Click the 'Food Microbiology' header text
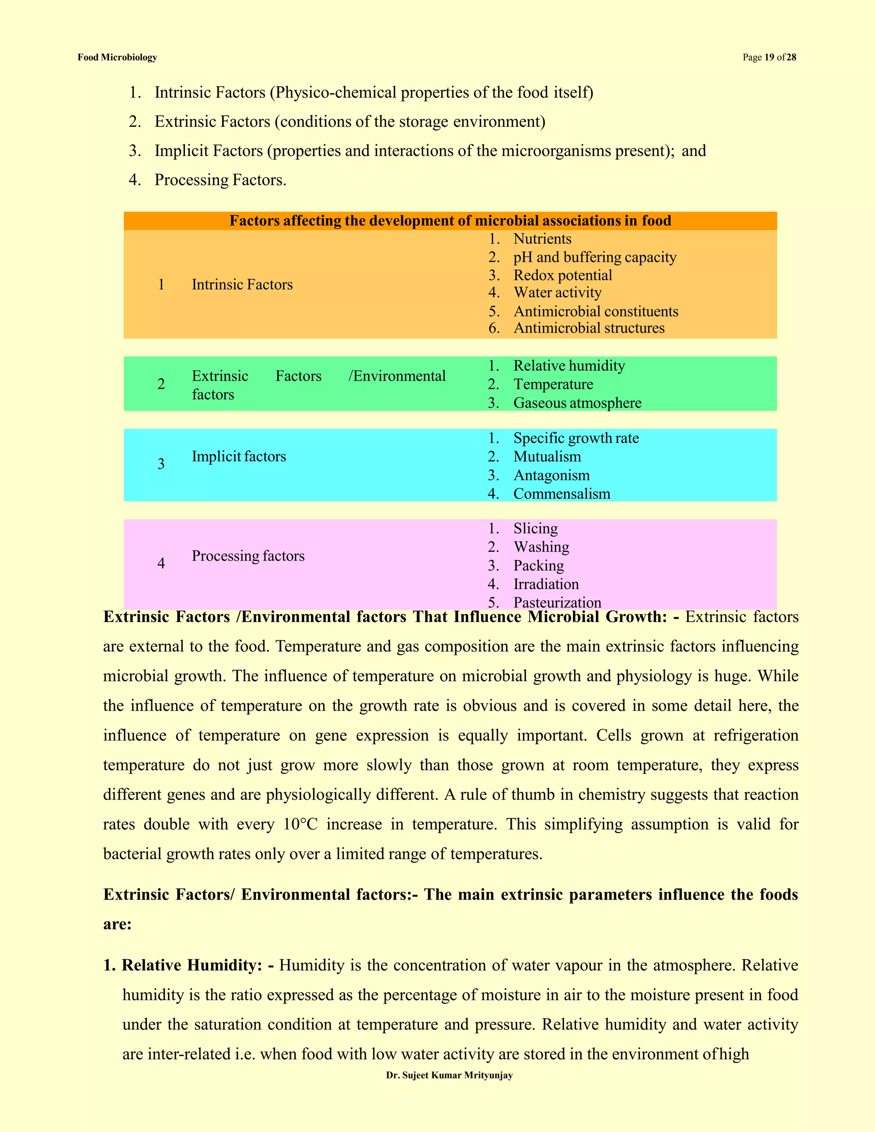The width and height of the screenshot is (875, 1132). pos(117,58)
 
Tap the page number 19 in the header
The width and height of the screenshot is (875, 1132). pos(769,58)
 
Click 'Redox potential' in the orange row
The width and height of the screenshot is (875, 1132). pos(562,275)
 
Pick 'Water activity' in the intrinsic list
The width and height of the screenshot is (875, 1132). pos(557,293)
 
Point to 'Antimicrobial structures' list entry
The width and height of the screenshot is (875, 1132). pos(589,328)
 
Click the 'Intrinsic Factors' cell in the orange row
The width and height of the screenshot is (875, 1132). pos(242,284)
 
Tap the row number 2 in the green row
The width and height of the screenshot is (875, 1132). pos(161,384)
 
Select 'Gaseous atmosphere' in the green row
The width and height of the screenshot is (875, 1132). pos(577,403)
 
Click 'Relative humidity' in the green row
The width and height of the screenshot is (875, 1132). pos(569,366)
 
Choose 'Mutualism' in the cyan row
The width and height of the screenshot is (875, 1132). pos(547,457)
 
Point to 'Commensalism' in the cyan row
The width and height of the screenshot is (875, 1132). pos(561,494)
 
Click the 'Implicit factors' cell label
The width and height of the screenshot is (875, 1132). pos(239,457)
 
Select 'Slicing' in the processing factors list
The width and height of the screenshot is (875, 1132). pos(535,529)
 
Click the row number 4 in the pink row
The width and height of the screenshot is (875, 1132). pos(161,563)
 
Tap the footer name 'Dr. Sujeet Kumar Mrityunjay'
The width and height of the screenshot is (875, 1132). pos(449,1076)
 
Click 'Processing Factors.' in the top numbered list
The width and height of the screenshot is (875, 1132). pos(220,180)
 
